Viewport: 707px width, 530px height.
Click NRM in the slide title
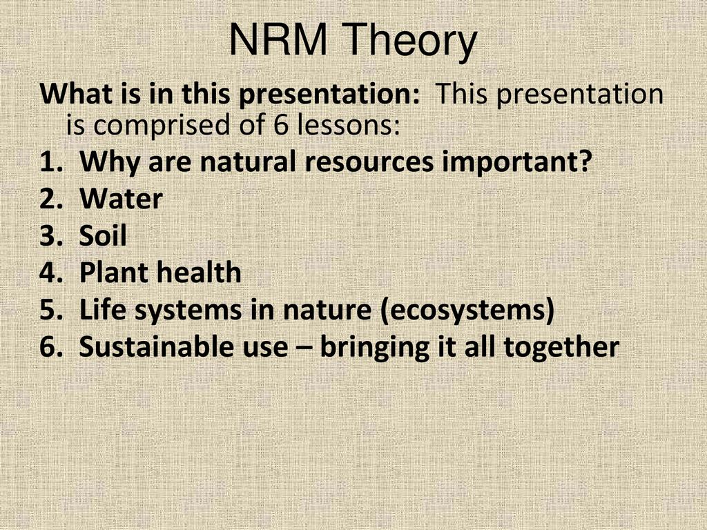click(x=278, y=39)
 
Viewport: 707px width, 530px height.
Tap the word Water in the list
click(x=121, y=198)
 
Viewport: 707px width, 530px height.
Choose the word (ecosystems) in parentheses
click(x=467, y=311)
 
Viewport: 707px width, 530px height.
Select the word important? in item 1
click(x=516, y=161)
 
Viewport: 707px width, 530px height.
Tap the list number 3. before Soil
click(x=51, y=235)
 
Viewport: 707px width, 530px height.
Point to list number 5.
click(x=51, y=310)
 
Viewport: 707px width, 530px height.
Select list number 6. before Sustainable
click(x=51, y=346)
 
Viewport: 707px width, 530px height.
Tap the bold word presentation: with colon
click(x=329, y=95)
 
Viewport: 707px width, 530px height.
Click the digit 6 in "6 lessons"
click(x=280, y=125)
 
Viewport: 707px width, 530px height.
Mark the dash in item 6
click(x=304, y=349)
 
